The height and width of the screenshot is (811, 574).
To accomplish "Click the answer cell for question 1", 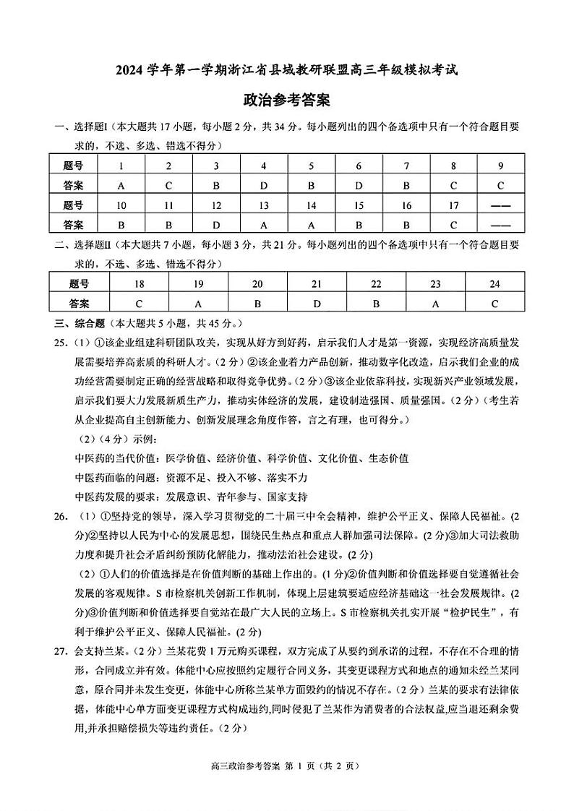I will (x=121, y=184).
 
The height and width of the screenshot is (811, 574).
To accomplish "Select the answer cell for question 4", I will (x=264, y=184).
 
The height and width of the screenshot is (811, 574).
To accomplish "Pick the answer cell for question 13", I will (x=264, y=224).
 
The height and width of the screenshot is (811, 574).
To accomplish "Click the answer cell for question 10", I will (x=121, y=224).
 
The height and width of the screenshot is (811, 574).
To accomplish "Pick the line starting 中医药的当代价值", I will (x=241, y=458).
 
